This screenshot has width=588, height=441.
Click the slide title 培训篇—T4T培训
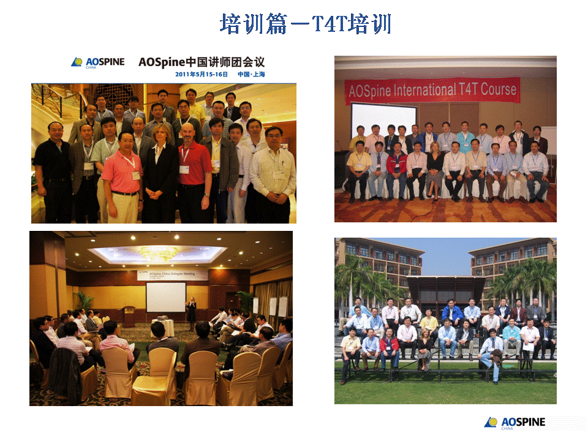coord(305,24)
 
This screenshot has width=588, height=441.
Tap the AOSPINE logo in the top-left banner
coord(98,62)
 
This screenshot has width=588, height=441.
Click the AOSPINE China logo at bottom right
coord(514,423)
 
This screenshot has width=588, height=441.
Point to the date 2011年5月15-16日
coord(201,75)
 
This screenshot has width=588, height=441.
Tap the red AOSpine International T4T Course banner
coord(432,91)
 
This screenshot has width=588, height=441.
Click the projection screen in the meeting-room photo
coord(165,296)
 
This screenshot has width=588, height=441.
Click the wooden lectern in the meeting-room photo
coord(129,315)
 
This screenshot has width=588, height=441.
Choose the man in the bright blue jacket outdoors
coord(453,314)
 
